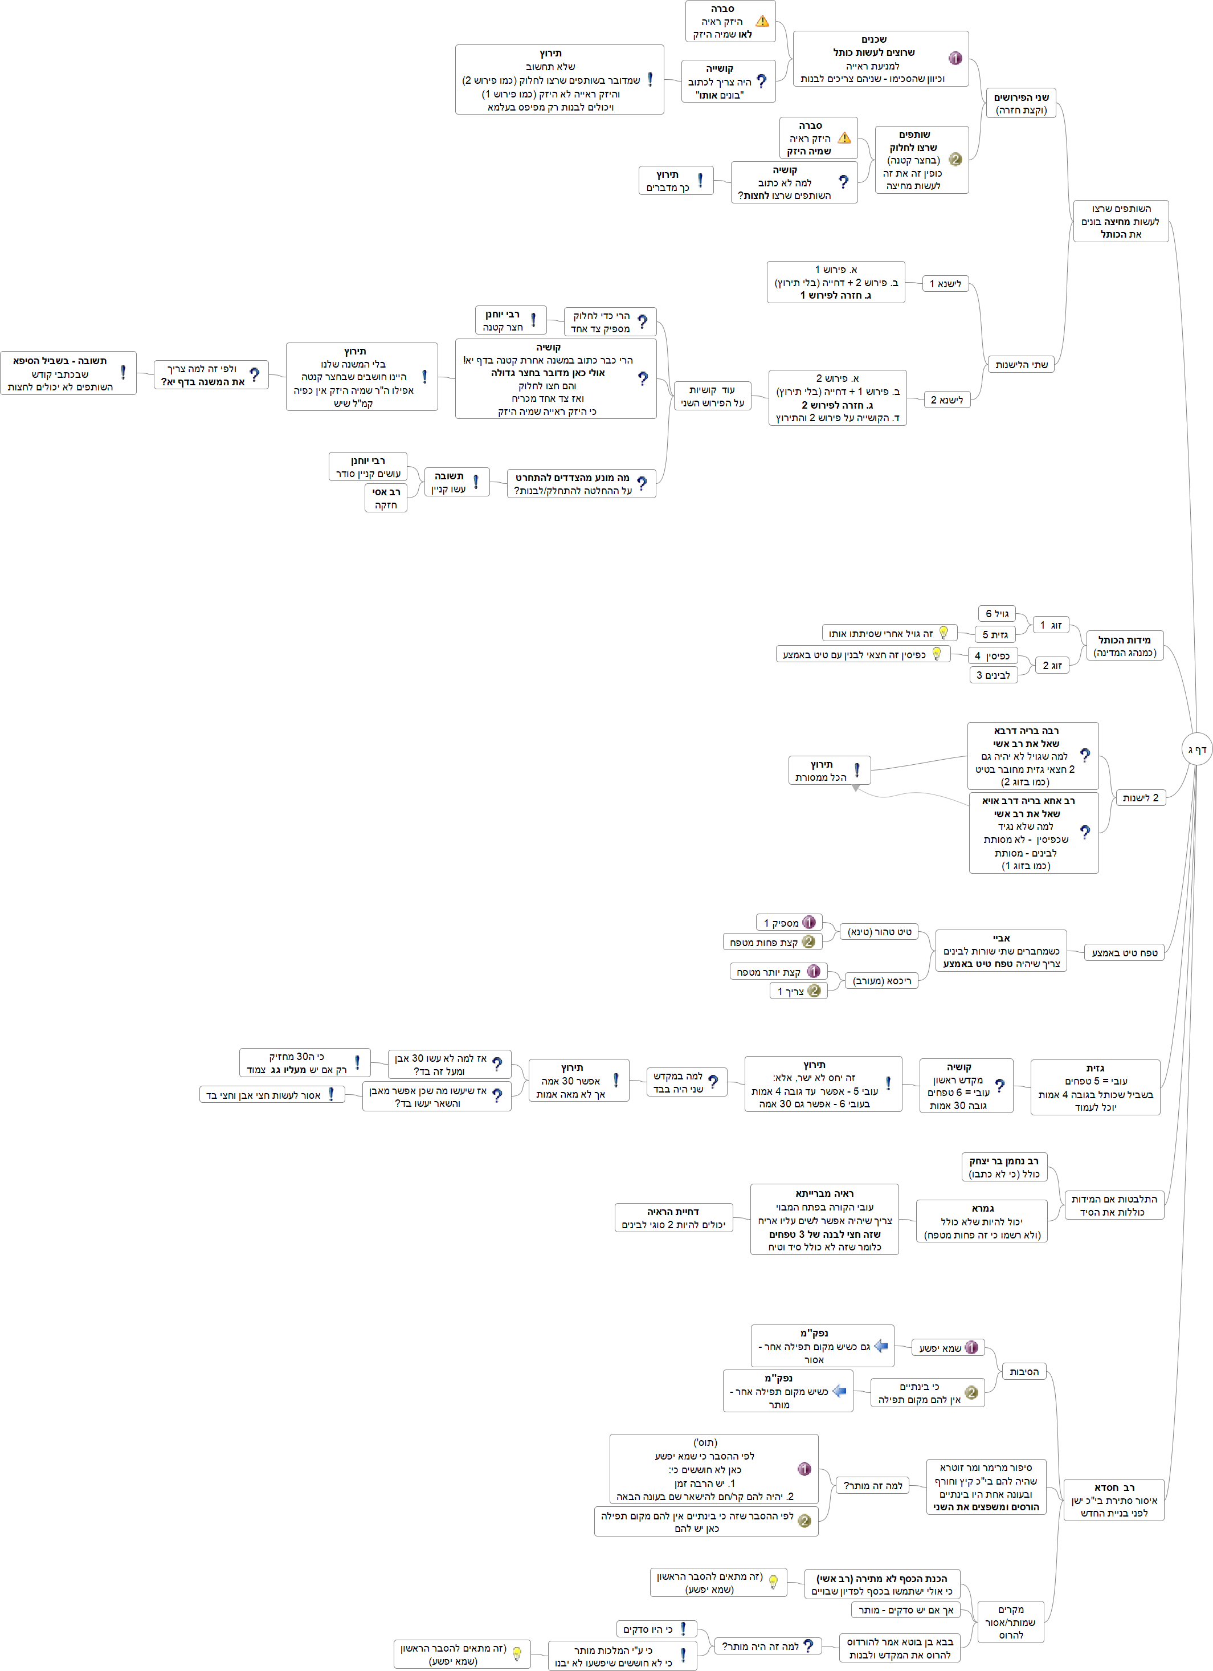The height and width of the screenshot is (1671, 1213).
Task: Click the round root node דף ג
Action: tap(1195, 749)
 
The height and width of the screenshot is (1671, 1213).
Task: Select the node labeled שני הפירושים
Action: tap(1021, 104)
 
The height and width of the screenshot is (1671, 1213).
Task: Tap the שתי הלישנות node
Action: tap(1021, 365)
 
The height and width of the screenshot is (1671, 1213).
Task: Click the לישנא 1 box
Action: tap(946, 284)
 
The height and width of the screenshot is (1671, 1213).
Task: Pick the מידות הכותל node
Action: tap(1125, 646)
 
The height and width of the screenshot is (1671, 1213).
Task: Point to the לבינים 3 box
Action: tap(994, 675)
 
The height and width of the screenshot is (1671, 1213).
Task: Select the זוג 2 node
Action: tap(1052, 665)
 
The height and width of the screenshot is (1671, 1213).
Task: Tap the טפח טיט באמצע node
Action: tap(1125, 953)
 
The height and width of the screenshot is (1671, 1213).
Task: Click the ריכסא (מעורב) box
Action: tap(881, 981)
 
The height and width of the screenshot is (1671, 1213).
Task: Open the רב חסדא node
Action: tap(1113, 1500)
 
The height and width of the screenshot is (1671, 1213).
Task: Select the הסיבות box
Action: tap(1024, 1372)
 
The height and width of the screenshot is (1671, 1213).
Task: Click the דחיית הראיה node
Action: tap(673, 1218)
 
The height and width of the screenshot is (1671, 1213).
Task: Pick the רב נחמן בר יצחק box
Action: tap(1004, 1167)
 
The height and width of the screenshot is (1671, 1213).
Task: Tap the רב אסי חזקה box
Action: tap(386, 498)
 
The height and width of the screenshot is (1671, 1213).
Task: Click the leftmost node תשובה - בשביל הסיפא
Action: tap(68, 373)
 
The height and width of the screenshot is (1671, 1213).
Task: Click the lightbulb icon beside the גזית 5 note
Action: tap(944, 632)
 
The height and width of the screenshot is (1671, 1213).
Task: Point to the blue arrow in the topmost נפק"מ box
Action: tap(881, 1346)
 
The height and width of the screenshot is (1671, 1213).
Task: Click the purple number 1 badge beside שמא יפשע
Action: tap(971, 1347)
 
